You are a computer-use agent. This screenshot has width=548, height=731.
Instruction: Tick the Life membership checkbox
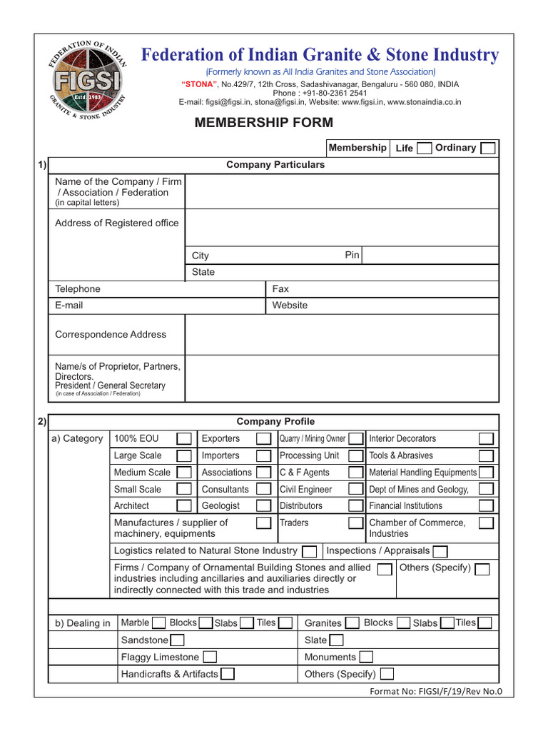point(424,148)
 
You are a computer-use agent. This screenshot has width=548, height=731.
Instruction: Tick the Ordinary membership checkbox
point(488,148)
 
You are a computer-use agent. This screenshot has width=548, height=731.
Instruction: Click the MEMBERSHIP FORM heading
point(264,123)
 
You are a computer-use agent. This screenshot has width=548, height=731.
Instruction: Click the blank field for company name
point(341,191)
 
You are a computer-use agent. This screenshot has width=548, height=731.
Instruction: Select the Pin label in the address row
point(352,255)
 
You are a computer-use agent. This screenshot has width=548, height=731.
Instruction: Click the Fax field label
point(280,289)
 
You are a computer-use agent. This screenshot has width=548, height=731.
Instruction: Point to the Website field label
point(290,306)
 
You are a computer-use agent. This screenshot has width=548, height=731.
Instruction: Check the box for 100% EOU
point(184,438)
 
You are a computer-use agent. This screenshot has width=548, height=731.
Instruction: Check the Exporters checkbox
point(263,438)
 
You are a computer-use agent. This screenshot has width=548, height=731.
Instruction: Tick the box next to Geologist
point(263,506)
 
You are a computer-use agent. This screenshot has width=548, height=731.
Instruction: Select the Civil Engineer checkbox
point(355,490)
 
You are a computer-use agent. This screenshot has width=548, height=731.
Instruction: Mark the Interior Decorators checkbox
point(486,438)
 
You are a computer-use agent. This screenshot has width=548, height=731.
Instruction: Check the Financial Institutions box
point(486,506)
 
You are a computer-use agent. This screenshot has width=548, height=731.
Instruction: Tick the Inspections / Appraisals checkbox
point(440,551)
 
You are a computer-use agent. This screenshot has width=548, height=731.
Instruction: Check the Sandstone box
point(177,640)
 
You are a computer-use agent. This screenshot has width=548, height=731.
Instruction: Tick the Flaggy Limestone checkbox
point(210,657)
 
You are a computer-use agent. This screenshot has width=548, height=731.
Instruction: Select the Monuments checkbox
point(365,657)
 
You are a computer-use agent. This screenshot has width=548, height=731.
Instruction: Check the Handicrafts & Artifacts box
point(228,674)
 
